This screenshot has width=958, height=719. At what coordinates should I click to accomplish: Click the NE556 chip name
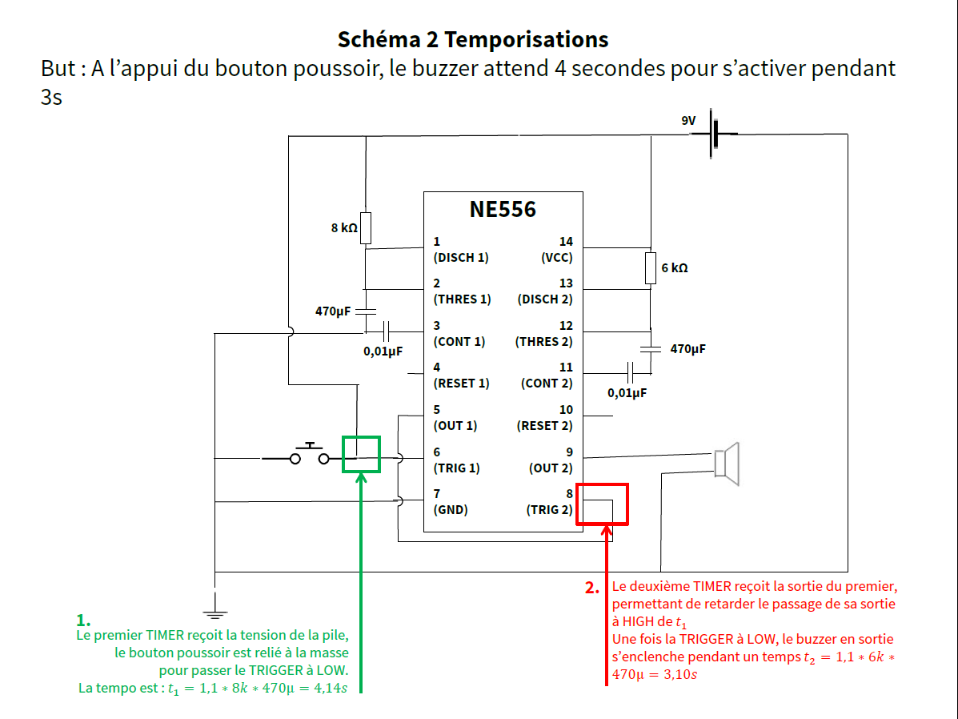click(x=503, y=210)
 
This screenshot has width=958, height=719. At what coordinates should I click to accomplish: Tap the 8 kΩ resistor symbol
click(x=366, y=228)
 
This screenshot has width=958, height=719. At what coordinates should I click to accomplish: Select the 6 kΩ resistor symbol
click(x=651, y=267)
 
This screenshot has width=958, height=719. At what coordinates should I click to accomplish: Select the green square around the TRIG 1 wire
click(x=361, y=454)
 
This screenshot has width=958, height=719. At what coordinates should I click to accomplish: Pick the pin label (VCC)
click(x=557, y=258)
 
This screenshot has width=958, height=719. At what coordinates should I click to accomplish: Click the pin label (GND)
click(x=450, y=509)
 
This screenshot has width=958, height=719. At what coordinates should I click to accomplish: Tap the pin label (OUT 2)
click(x=551, y=468)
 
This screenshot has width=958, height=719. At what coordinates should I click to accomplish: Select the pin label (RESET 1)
click(x=461, y=384)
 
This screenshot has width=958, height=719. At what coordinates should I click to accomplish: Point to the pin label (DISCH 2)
click(x=545, y=299)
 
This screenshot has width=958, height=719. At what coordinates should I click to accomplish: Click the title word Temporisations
click(x=526, y=38)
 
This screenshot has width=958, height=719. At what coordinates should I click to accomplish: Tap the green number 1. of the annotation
click(x=83, y=620)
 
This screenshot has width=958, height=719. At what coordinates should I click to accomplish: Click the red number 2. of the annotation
click(x=592, y=588)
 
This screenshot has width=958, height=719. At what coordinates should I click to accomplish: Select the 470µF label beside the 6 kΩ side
click(x=687, y=349)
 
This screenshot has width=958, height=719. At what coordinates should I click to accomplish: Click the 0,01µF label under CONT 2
click(x=627, y=393)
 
